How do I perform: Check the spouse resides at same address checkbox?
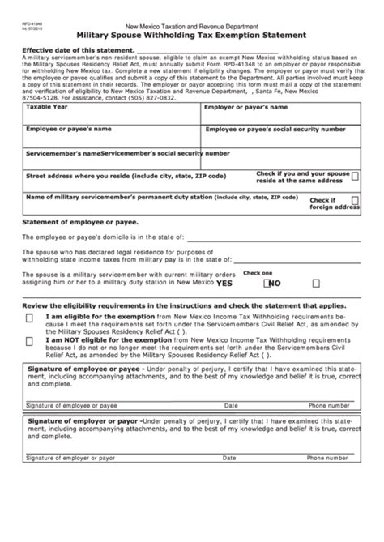pos(356,176)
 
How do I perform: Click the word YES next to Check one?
pos(224,283)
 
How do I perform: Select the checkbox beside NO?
pos(264,283)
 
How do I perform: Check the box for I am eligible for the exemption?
pos(30,318)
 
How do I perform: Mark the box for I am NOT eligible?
pos(30,344)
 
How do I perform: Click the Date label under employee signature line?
pos(231,405)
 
